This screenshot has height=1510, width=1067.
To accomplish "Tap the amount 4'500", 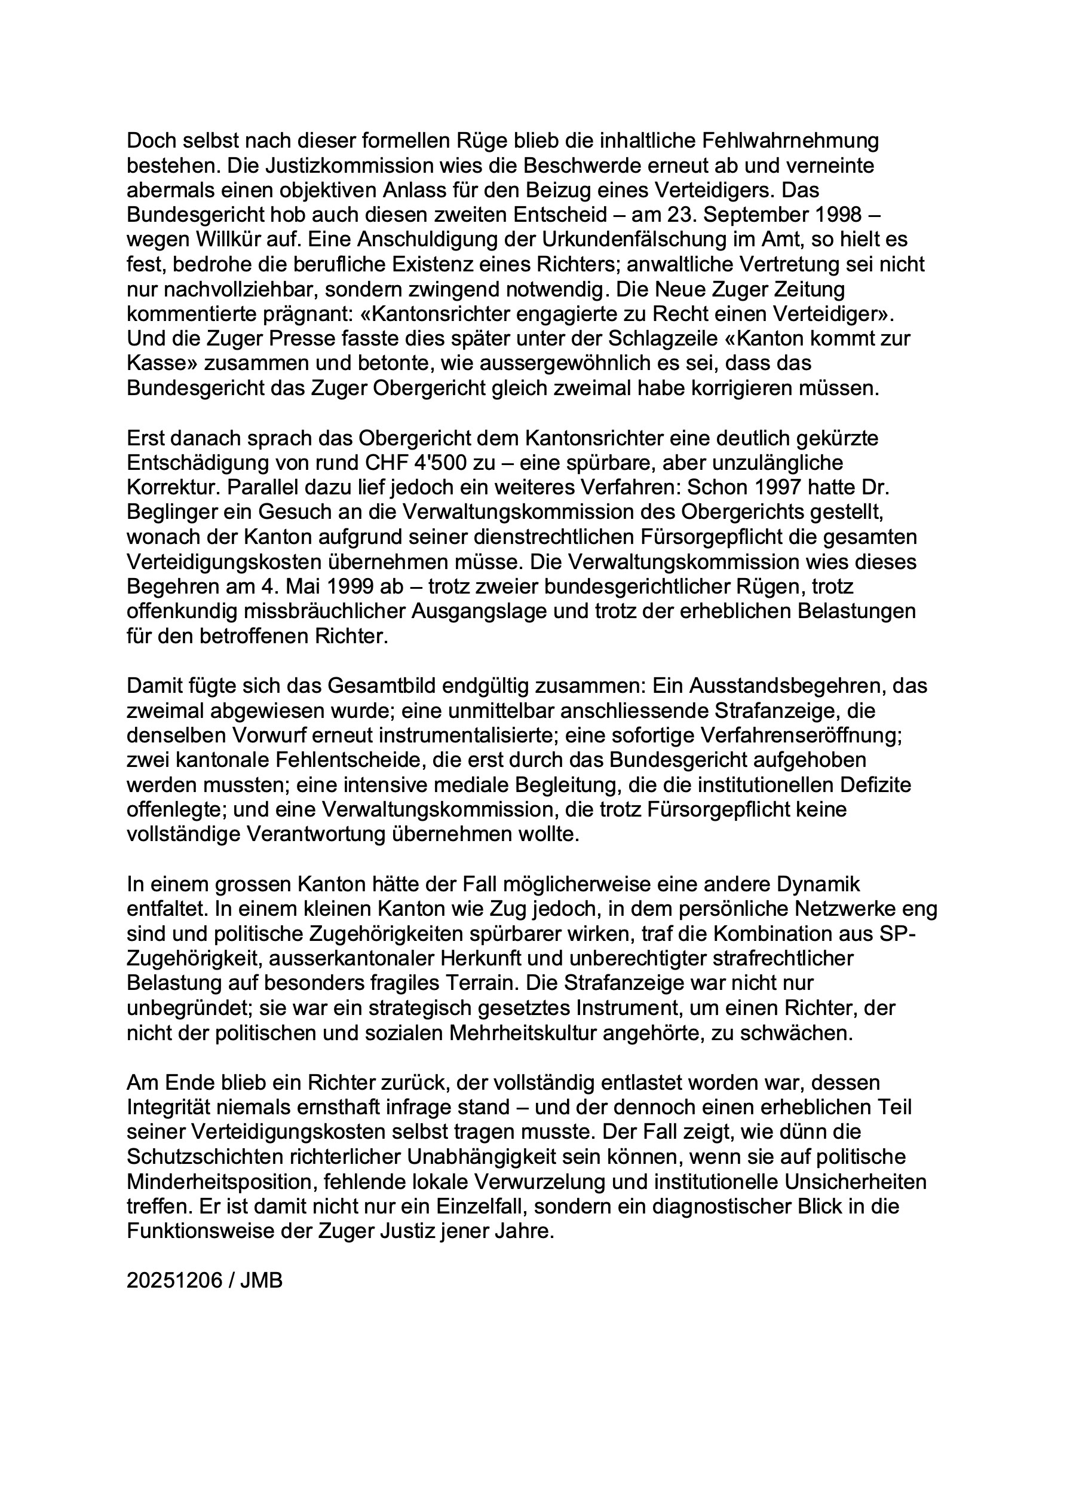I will click(x=427, y=463).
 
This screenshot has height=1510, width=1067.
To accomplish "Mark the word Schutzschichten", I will click(x=212, y=1156).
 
